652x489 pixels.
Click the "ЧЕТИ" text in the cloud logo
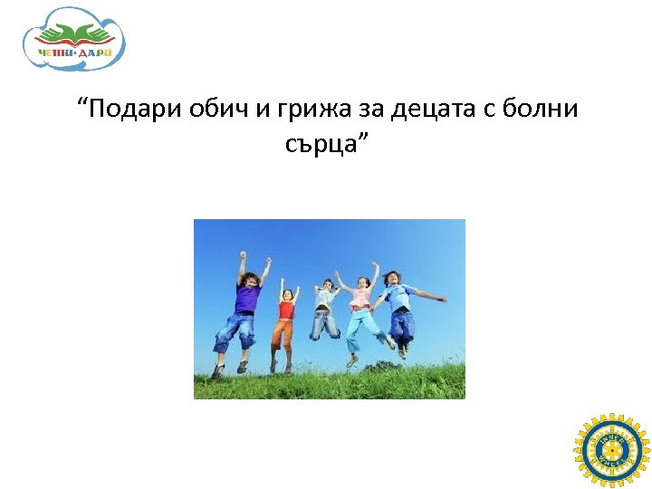coord(56,53)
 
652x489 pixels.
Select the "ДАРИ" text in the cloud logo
coord(95,53)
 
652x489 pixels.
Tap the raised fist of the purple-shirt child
coord(242,256)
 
